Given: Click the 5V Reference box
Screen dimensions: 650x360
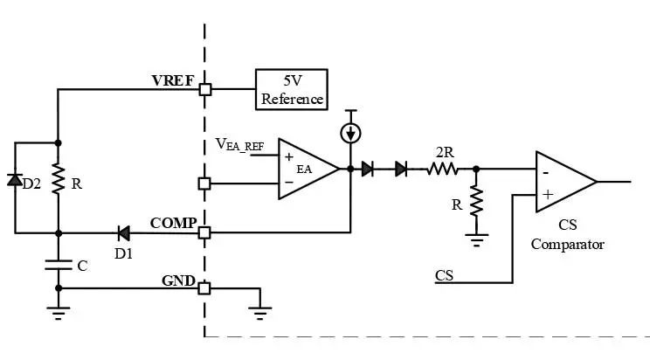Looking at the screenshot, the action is tap(292, 90).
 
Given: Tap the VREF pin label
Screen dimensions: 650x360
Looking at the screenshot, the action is tap(172, 80).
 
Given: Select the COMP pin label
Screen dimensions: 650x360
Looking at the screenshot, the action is tap(173, 223).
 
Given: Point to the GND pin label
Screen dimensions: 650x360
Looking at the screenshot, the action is tap(178, 280).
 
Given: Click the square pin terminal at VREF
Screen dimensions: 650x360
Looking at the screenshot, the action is tap(205, 89).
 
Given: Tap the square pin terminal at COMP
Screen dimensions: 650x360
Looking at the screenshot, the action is tap(204, 232).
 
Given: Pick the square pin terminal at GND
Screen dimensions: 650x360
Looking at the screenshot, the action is tap(204, 288).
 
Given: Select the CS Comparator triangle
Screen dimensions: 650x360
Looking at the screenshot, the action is tap(566, 182).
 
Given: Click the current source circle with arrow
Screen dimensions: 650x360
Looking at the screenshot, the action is tap(350, 133).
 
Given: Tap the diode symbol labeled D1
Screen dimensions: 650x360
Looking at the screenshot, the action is tap(123, 233).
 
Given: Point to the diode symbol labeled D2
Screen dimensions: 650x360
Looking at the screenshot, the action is tap(15, 180).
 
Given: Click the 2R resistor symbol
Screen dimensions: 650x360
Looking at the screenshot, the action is tap(442, 170).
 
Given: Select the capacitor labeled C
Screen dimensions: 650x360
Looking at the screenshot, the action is tap(59, 265).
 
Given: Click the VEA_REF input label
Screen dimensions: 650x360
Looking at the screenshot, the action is tap(239, 145).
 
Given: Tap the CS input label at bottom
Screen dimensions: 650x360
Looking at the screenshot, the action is tap(444, 275).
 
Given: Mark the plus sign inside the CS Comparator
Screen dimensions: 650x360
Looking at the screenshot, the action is tap(548, 195).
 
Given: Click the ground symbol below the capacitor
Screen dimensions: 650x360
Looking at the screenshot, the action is tap(59, 313).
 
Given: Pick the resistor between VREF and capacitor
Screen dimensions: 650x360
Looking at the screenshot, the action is tap(59, 179).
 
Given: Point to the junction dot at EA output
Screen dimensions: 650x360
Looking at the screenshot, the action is tap(350, 169).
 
